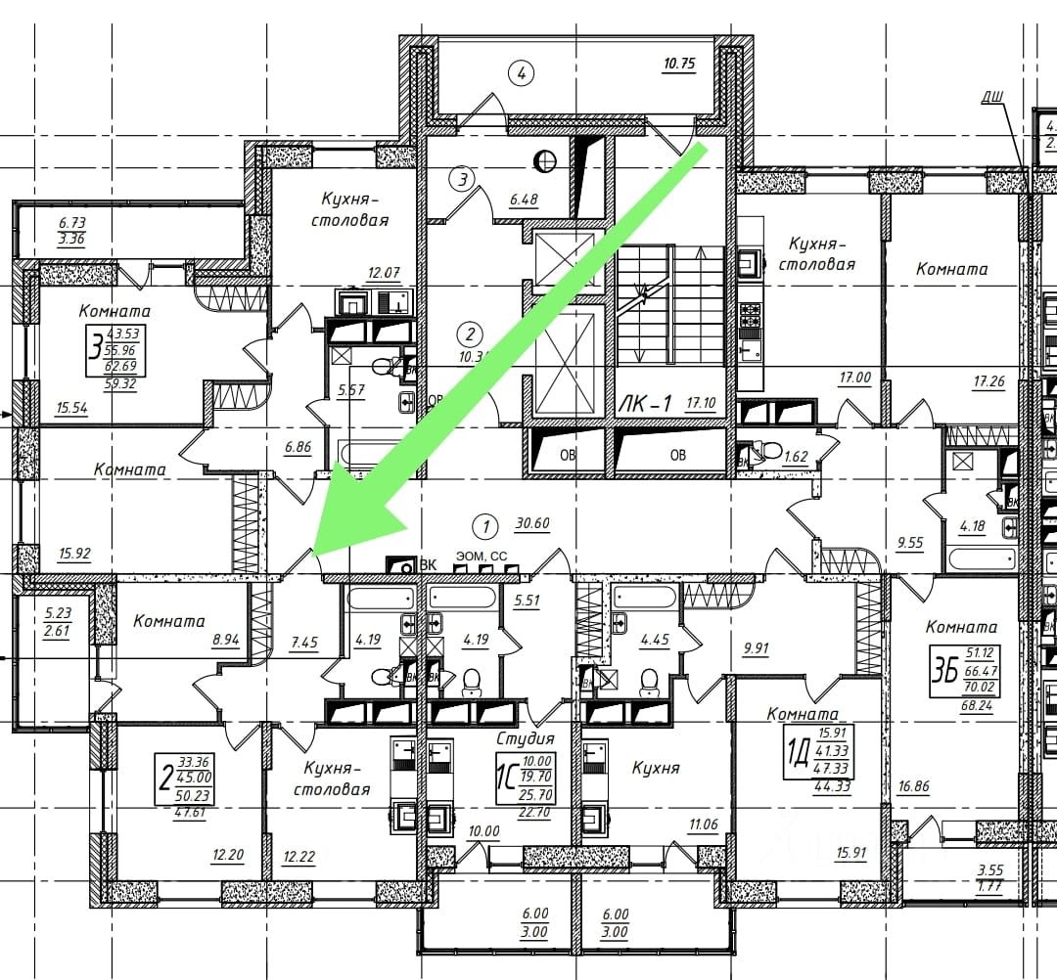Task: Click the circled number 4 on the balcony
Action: pos(523,72)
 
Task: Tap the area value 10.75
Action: pos(678,66)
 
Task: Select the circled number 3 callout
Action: pos(462,179)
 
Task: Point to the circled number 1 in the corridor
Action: pos(484,526)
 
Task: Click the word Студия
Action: pos(525,738)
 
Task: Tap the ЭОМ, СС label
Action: pos(480,556)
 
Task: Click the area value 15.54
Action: pos(73,409)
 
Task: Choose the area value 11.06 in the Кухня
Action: pos(703,824)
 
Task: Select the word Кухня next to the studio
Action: pos(656,768)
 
